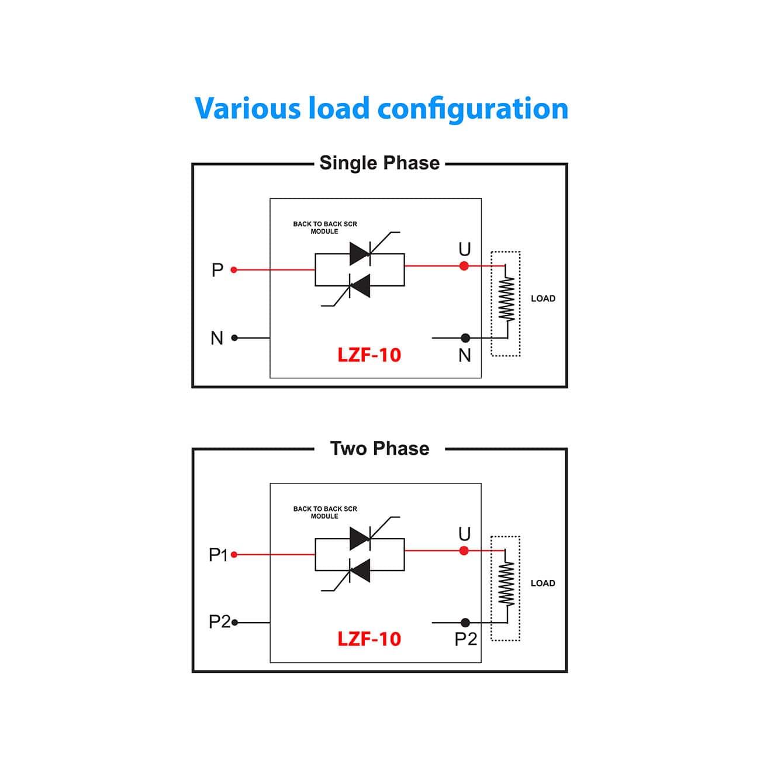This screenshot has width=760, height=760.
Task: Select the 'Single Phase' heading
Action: point(379,163)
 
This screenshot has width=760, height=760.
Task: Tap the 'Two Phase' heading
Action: point(379,448)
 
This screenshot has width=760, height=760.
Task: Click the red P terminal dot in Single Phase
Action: point(234,270)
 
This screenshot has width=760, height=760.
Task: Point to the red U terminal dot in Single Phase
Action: point(464,266)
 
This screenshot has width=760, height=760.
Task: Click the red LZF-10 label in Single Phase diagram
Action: point(369,355)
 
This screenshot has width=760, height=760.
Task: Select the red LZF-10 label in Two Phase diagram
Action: point(369,639)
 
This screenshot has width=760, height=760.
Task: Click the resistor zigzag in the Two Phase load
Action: point(506,583)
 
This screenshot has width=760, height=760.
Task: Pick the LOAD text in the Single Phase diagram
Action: point(543,299)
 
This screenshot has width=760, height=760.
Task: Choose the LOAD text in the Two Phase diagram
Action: point(543,583)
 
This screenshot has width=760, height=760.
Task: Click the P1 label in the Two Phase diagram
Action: point(218,555)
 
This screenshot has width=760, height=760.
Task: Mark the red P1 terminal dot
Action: point(234,555)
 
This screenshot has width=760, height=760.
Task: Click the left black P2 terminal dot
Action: point(234,623)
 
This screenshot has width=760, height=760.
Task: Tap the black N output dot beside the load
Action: point(465,338)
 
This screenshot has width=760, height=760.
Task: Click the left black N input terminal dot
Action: point(234,338)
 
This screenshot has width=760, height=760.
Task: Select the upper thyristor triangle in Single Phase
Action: point(360,254)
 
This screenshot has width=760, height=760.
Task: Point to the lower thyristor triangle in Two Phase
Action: point(360,571)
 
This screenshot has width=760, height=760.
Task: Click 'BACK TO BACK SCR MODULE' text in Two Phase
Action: point(325,513)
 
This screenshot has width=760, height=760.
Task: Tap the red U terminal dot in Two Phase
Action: point(464,551)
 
